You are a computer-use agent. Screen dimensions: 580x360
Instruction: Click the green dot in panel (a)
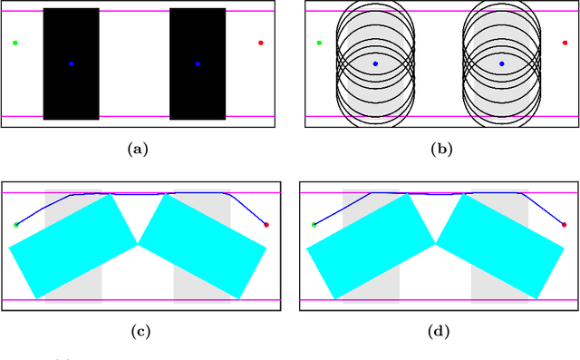pos(15,43)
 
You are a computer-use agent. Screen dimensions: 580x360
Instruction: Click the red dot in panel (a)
pos(261,43)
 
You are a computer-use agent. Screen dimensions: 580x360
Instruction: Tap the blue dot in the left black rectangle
pos(72,63)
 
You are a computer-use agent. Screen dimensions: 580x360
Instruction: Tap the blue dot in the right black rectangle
pos(198,63)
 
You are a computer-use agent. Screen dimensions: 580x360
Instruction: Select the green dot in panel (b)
pos(319,43)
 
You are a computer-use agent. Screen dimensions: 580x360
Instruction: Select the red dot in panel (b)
pos(565,43)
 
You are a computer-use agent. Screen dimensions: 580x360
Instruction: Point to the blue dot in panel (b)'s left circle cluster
pos(375,63)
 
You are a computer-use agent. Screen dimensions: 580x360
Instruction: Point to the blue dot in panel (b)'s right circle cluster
pos(501,63)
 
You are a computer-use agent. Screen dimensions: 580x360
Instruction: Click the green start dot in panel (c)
pos(15,224)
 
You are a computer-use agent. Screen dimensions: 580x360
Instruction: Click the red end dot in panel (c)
pos(266,224)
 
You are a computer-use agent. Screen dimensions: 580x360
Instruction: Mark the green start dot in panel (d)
pos(314,224)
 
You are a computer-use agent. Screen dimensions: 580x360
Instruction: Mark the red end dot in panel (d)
pos(565,224)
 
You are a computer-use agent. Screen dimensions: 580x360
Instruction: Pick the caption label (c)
pos(141,331)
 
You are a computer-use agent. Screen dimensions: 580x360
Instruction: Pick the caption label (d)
pos(440,331)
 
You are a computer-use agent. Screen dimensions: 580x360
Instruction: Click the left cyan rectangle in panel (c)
pos(72,246)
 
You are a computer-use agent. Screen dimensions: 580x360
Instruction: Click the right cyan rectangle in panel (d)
pos(500,246)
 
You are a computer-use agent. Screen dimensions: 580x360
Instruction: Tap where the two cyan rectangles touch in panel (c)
pos(139,244)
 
